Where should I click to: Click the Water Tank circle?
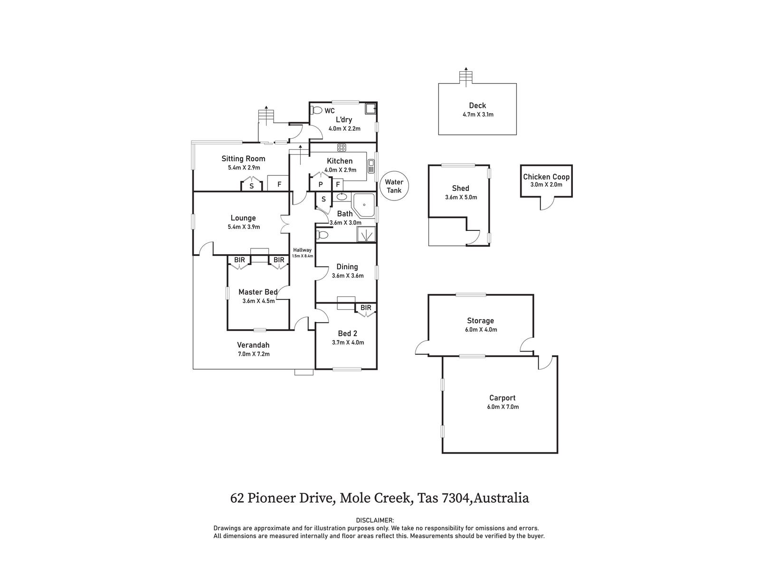click(x=394, y=186)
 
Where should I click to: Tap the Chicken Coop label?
click(x=546, y=177)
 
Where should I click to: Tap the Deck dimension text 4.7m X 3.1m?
click(x=477, y=114)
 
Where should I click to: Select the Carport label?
click(x=502, y=398)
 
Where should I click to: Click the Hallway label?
click(x=302, y=250)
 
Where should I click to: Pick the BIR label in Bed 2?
click(x=366, y=308)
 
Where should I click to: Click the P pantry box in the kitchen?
click(x=321, y=185)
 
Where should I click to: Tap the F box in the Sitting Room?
click(x=279, y=184)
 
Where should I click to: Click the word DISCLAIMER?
click(x=375, y=521)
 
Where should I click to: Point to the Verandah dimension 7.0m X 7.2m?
click(x=254, y=354)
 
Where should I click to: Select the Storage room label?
click(x=480, y=321)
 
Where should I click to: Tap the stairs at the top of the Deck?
click(x=466, y=77)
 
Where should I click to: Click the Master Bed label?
click(x=258, y=292)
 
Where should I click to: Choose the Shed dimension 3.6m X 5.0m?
click(x=460, y=197)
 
